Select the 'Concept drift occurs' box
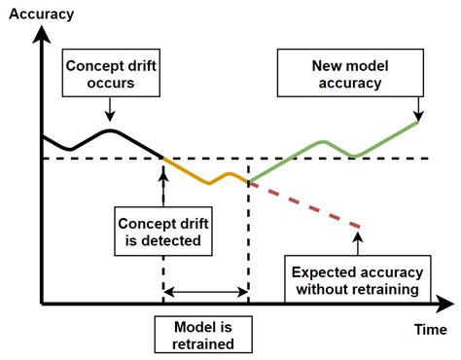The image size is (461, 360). [110, 75]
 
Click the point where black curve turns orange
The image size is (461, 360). [162, 158]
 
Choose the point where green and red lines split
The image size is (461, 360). [249, 181]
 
